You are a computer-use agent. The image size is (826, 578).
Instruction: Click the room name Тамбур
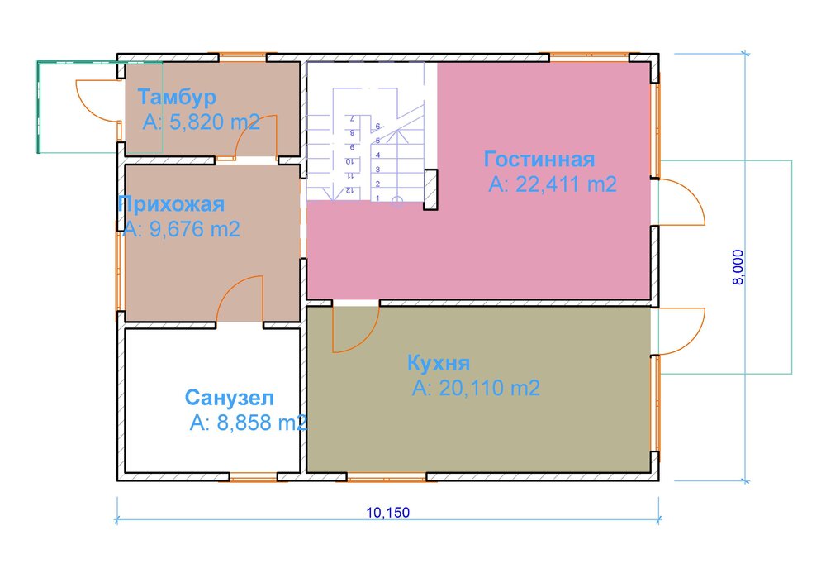click(177, 97)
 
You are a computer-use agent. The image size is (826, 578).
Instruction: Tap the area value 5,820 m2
click(202, 122)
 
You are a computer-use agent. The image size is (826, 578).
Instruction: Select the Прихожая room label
click(171, 203)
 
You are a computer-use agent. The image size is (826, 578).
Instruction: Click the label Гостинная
click(539, 159)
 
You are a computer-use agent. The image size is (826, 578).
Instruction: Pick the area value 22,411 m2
click(553, 184)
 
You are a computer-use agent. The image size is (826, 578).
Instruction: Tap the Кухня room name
click(439, 364)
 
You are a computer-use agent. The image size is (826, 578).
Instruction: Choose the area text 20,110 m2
click(476, 389)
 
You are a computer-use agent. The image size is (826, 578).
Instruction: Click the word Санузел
click(230, 398)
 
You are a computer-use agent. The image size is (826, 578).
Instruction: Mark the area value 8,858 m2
click(249, 423)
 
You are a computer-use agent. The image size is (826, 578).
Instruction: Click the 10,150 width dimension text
click(387, 513)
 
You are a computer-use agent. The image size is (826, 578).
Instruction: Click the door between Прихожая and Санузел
click(241, 300)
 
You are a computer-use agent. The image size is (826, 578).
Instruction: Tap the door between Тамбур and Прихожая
click(257, 136)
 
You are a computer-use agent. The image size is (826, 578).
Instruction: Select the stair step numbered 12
click(350, 190)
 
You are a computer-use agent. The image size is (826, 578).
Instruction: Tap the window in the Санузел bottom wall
click(254, 477)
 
